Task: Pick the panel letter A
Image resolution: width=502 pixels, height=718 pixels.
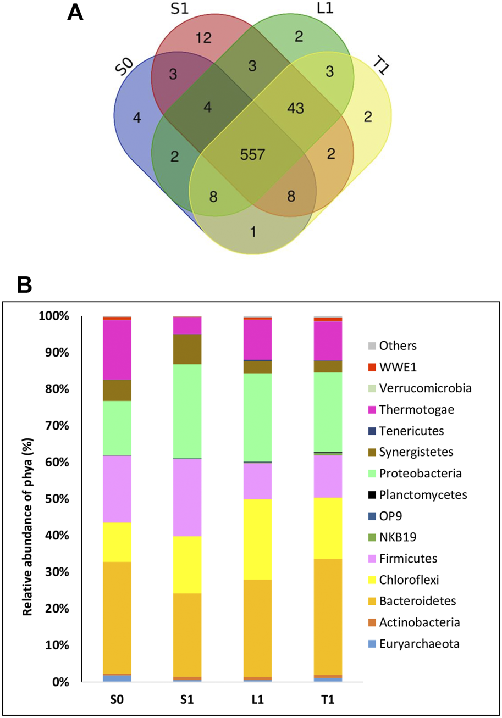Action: pyautogui.click(x=75, y=12)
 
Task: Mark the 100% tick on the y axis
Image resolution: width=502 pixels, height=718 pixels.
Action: pyautogui.click(x=58, y=316)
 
